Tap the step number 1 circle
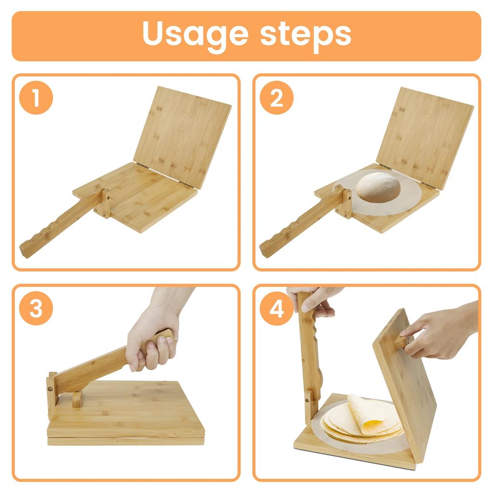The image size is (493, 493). click(36, 98)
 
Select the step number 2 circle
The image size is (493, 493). click(276, 98)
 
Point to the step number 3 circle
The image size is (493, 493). click(36, 308)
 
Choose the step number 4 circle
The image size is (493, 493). click(276, 308)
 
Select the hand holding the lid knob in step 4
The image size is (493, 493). click(433, 332)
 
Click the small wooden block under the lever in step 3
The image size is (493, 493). click(77, 399)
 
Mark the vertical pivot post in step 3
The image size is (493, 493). click(51, 395)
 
